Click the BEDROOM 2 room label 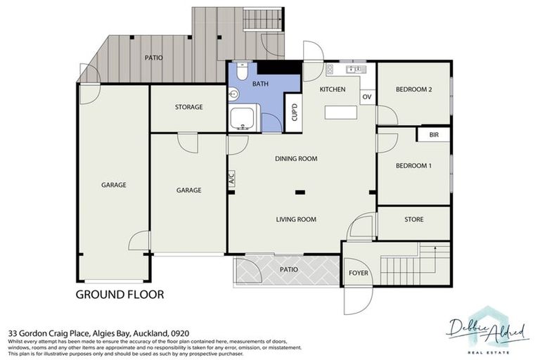pos(413,89)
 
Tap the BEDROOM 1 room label pos(413,165)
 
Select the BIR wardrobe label pos(433,135)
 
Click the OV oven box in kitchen pos(366,97)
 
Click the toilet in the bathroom pos(241,72)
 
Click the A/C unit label pos(231,179)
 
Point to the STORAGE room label pos(188,108)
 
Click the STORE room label pos(414,220)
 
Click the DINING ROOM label pos(295,159)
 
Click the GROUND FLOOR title pos(120,295)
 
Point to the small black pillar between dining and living pos(300,191)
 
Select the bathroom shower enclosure pos(244,117)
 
